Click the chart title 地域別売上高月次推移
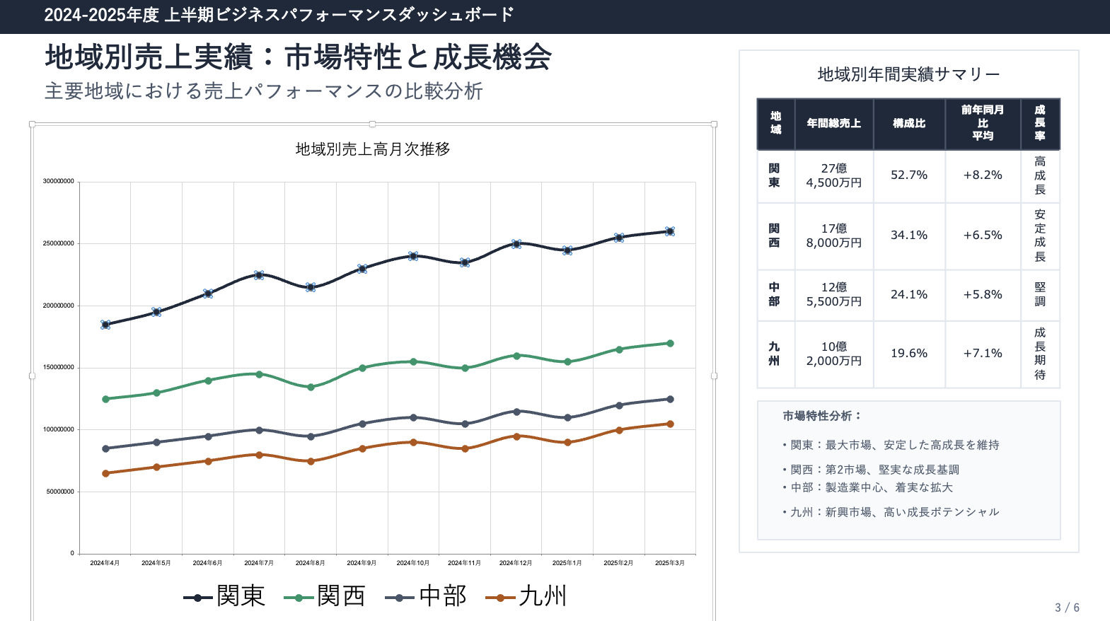coord(373,149)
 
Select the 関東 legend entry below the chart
coord(225,596)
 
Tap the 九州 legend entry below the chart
coord(527,596)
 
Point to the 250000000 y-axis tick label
coord(59,243)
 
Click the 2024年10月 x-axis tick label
coord(413,563)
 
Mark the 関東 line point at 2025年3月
coord(670,231)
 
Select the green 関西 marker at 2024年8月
coord(311,387)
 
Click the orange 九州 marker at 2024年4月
coord(105,473)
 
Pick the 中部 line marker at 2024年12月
coord(516,412)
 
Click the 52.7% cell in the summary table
coord(909,175)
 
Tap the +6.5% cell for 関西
coord(983,236)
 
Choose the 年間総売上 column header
coord(834,124)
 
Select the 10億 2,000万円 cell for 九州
coord(834,354)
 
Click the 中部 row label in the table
coord(775,294)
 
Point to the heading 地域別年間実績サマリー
coord(908,74)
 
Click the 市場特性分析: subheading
coord(822,416)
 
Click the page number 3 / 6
coord(1067,608)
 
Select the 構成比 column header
coord(909,124)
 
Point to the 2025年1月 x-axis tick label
coord(567,563)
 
